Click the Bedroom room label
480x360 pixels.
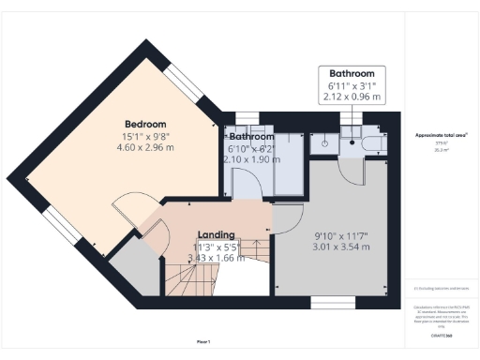(x=145, y=124)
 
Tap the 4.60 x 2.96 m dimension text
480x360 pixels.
(x=145, y=147)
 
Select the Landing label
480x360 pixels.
(x=216, y=234)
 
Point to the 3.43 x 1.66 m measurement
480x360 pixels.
(x=216, y=258)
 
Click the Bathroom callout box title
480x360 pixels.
(x=352, y=74)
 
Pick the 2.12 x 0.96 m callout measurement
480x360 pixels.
(x=352, y=96)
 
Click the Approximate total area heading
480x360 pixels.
(x=442, y=135)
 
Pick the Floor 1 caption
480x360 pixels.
(x=202, y=340)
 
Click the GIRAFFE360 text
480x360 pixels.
(x=442, y=336)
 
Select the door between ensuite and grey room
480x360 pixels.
(x=350, y=170)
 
